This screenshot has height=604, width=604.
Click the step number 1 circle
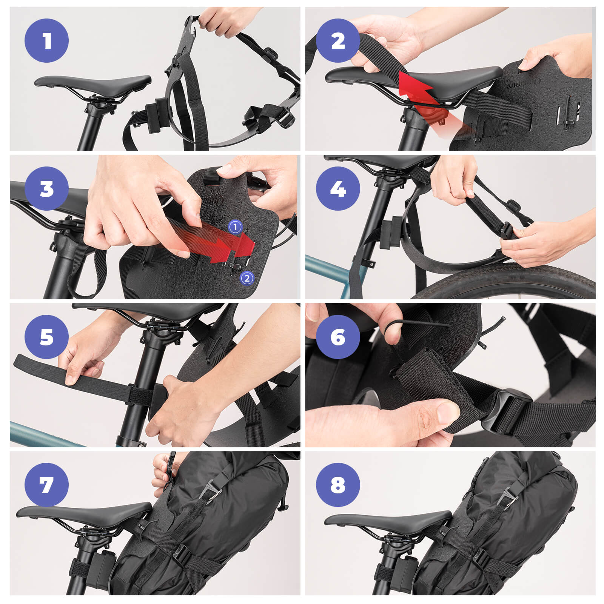[x=46, y=40]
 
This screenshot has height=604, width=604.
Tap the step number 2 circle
[x=338, y=40]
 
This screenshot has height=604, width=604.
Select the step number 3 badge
[x=46, y=188]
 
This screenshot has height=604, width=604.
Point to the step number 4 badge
[x=338, y=188]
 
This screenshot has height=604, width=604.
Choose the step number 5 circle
[x=46, y=337]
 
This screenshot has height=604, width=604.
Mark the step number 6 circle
[x=338, y=337]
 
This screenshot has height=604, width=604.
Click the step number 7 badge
[x=46, y=485]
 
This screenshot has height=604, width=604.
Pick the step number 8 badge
[x=338, y=485]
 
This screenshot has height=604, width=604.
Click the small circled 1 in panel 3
[x=235, y=227]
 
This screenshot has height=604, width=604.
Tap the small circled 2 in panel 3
[x=247, y=279]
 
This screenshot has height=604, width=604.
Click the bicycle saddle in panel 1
[x=92, y=81]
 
